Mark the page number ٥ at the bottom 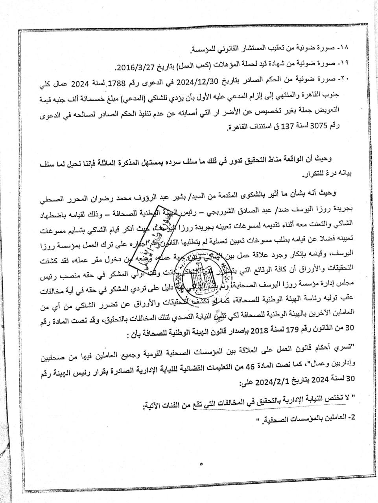201,464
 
